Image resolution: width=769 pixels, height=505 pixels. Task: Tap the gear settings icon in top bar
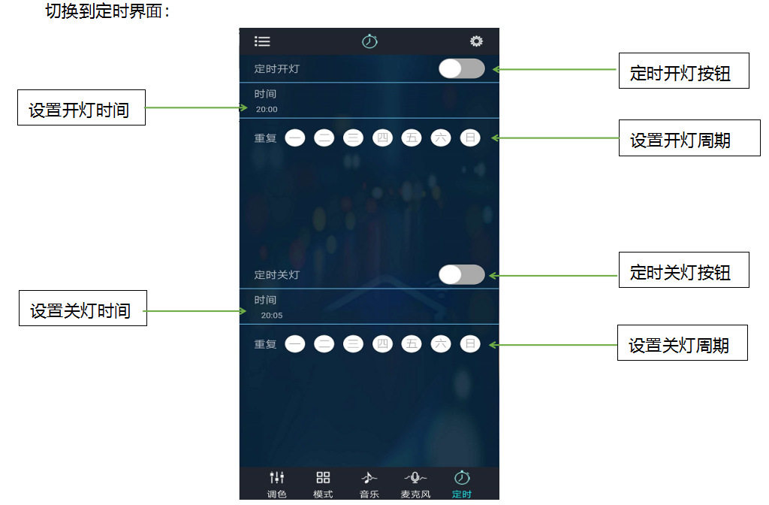[476, 41]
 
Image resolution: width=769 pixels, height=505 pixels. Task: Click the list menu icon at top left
[262, 41]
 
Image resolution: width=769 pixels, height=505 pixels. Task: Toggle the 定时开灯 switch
[462, 68]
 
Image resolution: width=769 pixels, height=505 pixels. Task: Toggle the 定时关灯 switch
[462, 274]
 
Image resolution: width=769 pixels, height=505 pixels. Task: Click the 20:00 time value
[267, 110]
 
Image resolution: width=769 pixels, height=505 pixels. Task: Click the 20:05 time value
[272, 315]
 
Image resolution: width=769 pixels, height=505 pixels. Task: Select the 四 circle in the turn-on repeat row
[382, 138]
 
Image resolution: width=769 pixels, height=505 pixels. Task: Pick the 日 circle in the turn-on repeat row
[470, 138]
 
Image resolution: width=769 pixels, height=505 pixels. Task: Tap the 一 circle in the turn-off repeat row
[294, 343]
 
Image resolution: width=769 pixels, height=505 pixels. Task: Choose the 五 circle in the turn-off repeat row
[412, 343]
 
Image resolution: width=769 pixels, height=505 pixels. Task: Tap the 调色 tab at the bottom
[276, 484]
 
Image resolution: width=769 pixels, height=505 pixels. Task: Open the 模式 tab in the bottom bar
[323, 484]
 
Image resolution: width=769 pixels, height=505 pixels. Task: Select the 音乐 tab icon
[369, 484]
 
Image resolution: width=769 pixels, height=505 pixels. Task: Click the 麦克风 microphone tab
[415, 484]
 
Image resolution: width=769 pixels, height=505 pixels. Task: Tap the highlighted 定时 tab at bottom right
[462, 484]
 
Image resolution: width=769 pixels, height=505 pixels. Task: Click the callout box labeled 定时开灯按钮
[683, 71]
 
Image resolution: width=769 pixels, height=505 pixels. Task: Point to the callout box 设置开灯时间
[81, 107]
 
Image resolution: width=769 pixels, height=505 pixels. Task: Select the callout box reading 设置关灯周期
[682, 343]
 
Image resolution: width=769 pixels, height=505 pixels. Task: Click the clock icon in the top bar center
[369, 41]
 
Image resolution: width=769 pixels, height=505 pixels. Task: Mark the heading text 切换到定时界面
[107, 11]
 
